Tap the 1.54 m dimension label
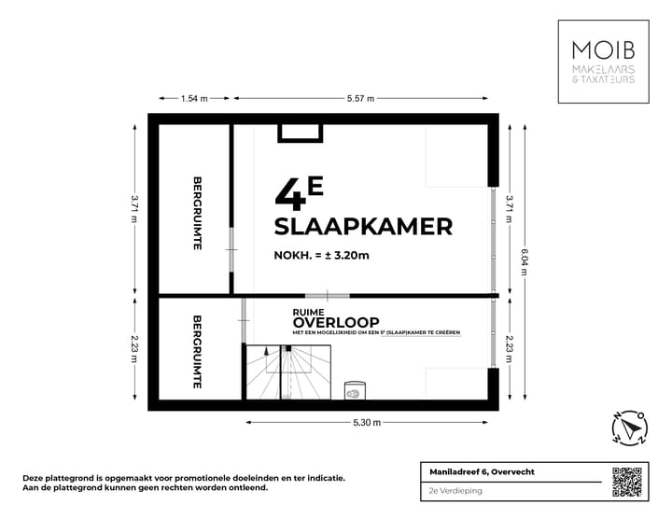[x=194, y=98]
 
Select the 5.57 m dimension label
[x=360, y=98]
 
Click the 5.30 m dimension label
[x=368, y=423]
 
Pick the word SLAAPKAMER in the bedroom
[x=363, y=226]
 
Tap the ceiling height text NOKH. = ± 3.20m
[x=321, y=256]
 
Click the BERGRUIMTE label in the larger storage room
[x=197, y=213]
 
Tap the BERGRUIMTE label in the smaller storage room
[x=197, y=352]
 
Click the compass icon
[x=629, y=428]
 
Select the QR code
[x=629, y=481]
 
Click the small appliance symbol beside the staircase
[x=355, y=391]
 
